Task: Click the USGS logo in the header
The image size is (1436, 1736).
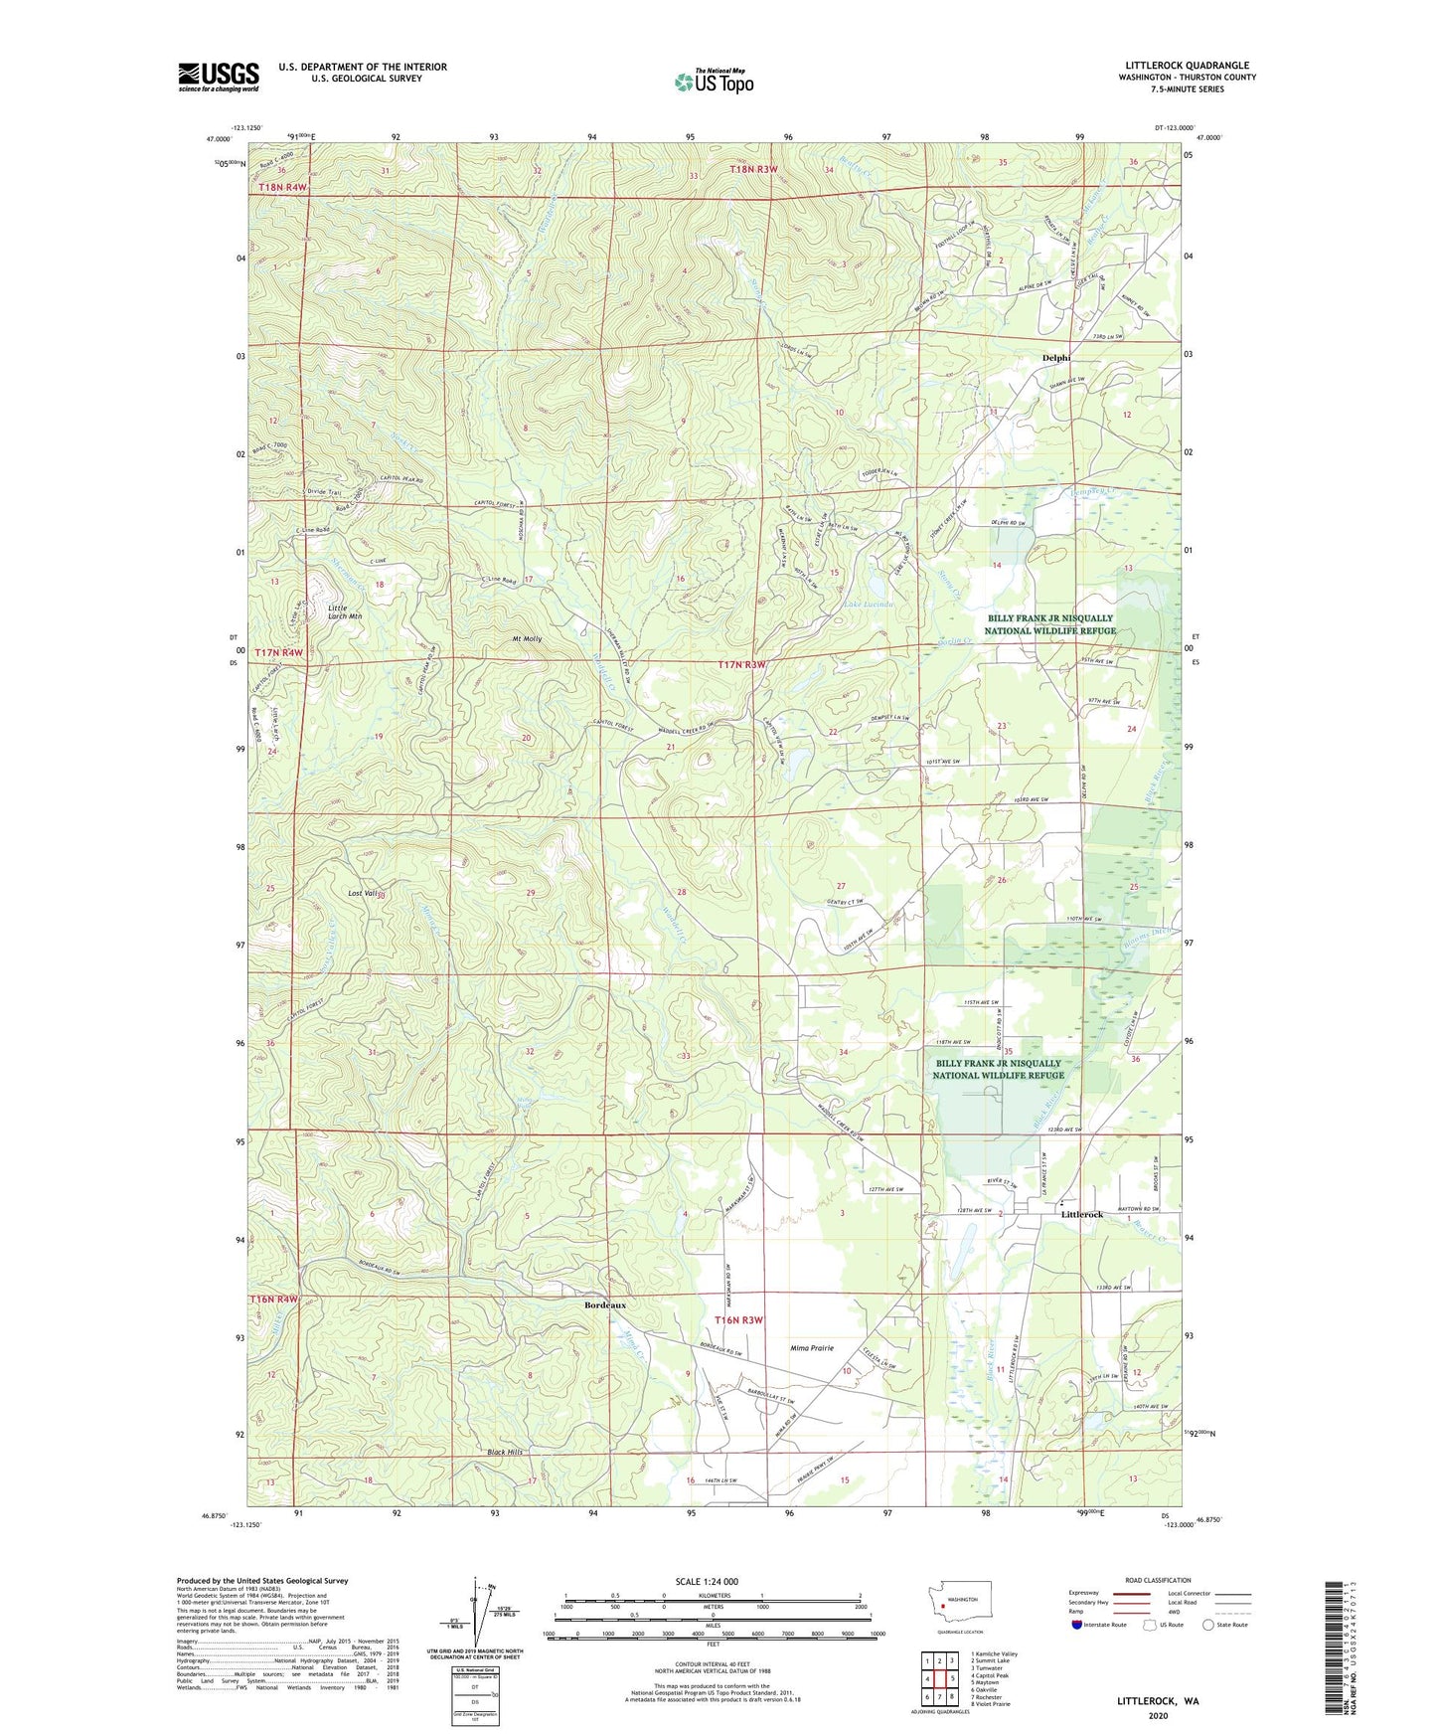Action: click(x=219, y=77)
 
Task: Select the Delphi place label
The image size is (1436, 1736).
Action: click(x=1055, y=358)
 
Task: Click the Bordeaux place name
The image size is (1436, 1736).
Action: click(x=605, y=1303)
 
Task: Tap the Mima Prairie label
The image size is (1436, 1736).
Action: click(x=812, y=1348)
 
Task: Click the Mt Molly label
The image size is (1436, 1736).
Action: click(x=527, y=638)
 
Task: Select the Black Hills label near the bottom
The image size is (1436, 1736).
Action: click(x=505, y=1453)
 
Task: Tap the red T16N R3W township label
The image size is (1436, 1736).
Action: click(x=740, y=1319)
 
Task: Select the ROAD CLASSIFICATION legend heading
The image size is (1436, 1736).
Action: click(x=1158, y=1580)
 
